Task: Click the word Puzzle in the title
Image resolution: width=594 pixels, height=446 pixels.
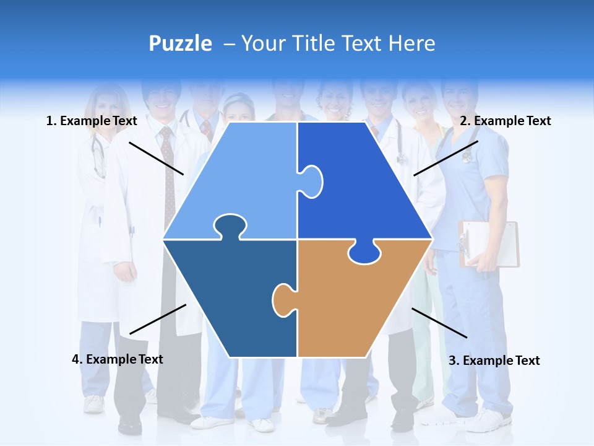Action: tap(180, 43)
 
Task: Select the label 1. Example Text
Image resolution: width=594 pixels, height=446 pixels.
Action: tap(92, 121)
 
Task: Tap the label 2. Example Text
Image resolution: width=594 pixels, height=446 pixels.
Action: tap(505, 121)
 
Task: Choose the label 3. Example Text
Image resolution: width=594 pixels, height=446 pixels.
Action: tap(494, 361)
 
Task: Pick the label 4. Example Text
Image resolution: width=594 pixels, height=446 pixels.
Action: tap(118, 359)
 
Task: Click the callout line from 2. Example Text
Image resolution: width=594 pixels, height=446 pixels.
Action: tap(445, 158)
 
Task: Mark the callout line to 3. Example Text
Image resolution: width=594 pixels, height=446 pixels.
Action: tap(439, 323)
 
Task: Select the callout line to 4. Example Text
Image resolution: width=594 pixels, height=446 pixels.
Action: tap(158, 319)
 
